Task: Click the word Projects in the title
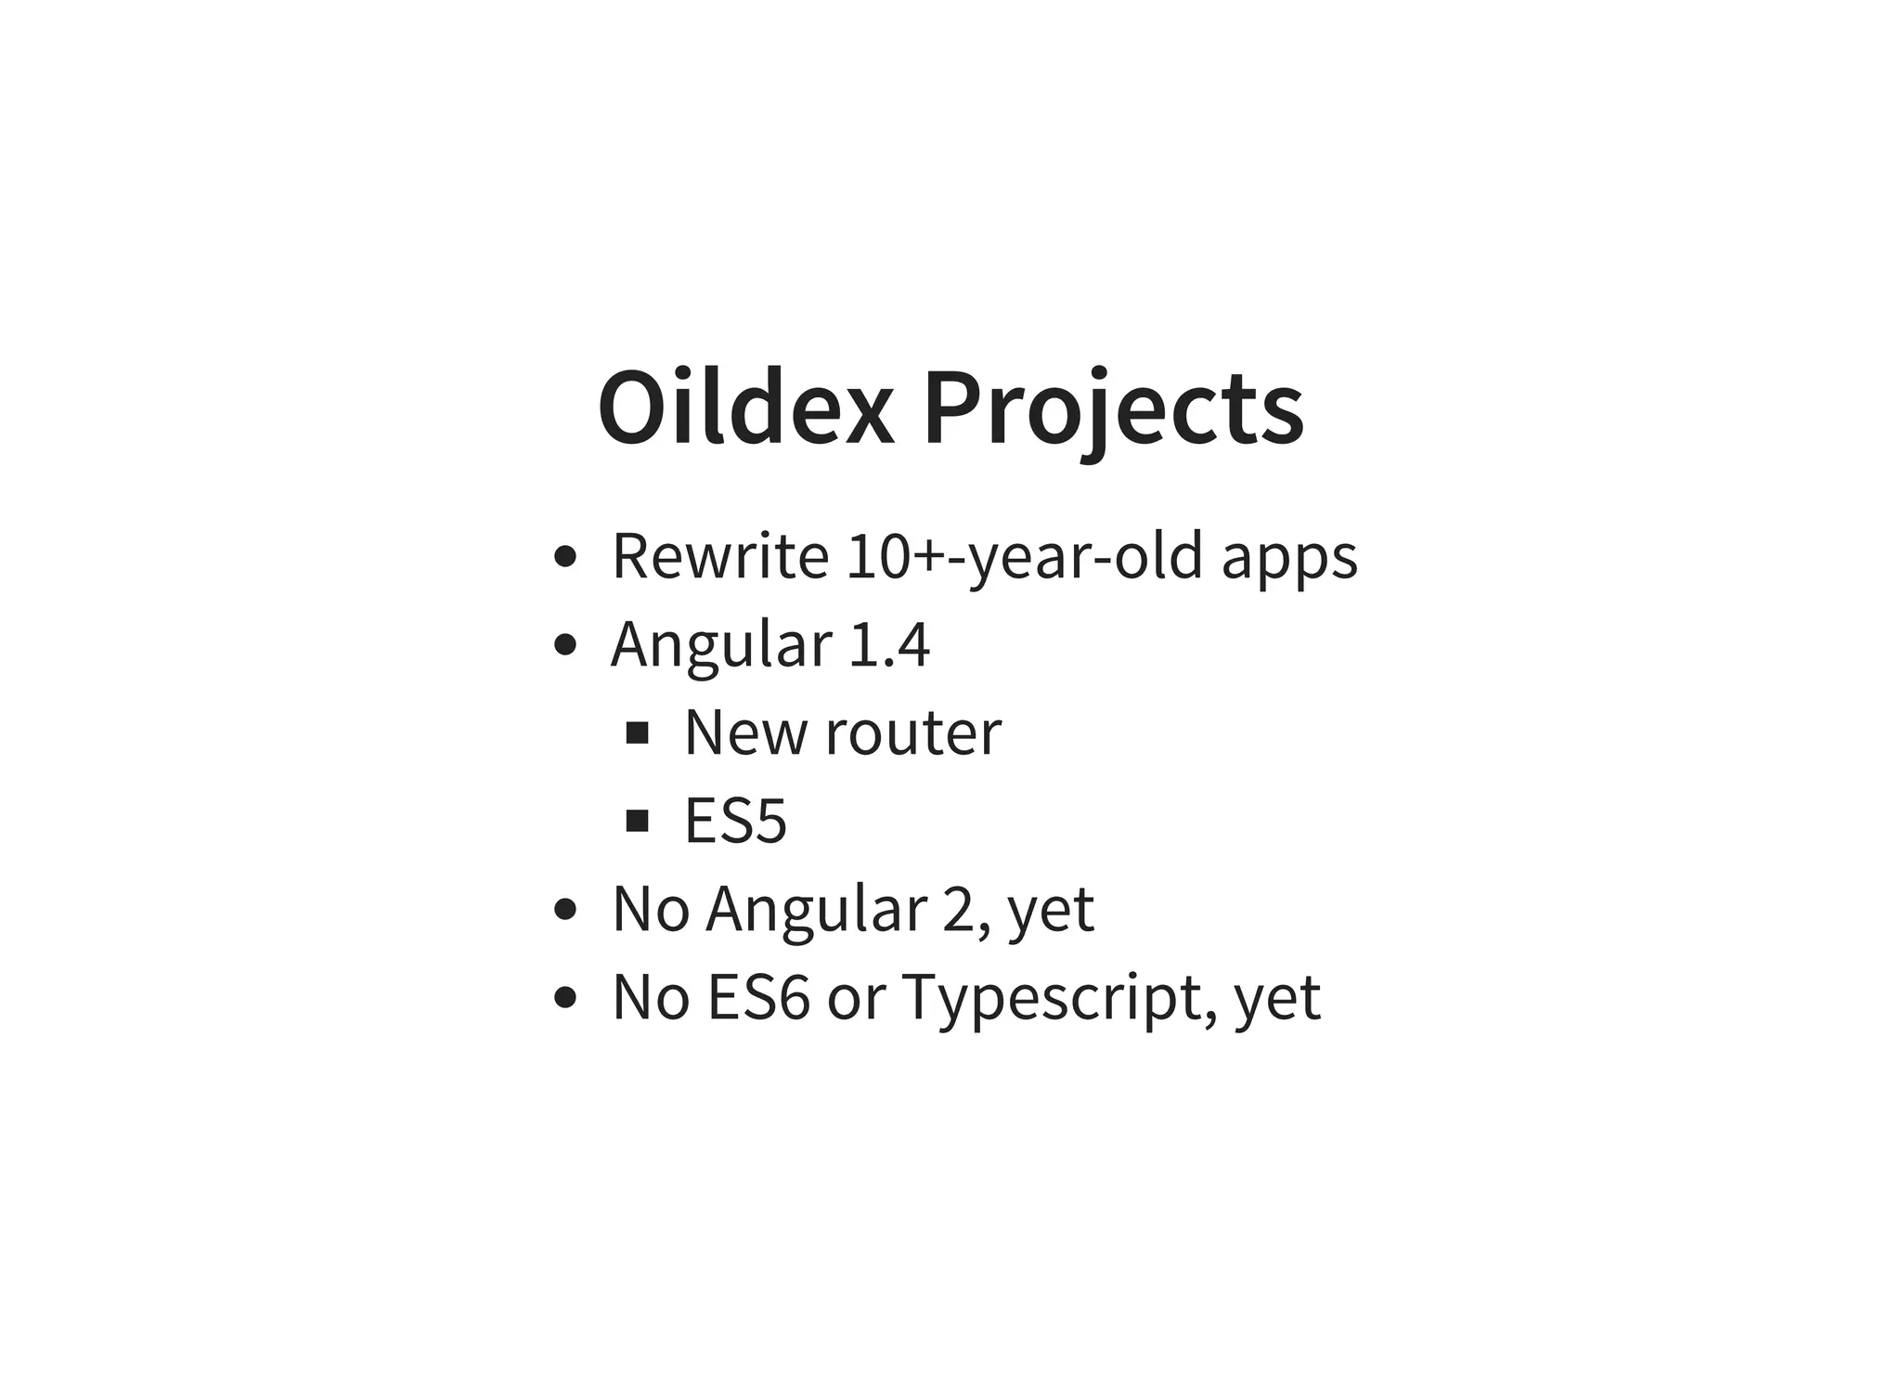(1113, 409)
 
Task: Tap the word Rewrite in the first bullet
(719, 557)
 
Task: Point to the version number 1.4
(888, 645)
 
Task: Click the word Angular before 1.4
(721, 645)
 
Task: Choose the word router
(912, 733)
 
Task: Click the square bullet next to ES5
(637, 821)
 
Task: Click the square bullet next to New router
(637, 733)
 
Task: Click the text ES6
(757, 997)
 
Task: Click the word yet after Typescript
(1276, 999)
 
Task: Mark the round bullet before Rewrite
(564, 557)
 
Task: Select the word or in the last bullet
(855, 999)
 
